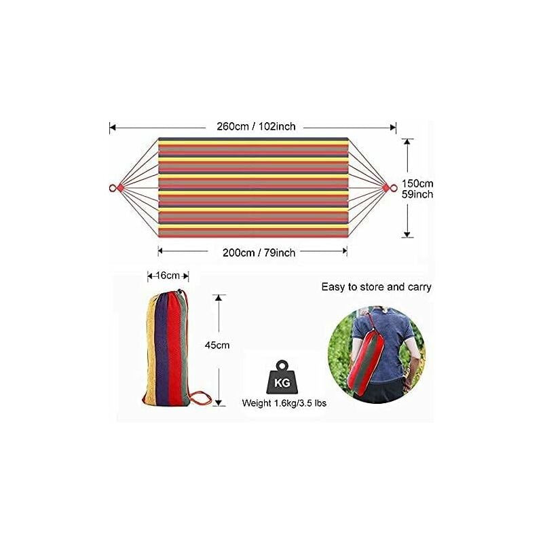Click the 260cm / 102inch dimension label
coord(257,126)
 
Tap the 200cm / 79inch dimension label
coord(259,252)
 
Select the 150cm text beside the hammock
coord(417,183)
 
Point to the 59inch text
coord(417,194)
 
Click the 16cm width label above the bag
coord(168,276)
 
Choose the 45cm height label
coord(217,345)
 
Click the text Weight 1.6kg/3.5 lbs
coord(284,403)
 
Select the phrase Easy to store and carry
coord(377,287)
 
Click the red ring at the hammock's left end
coord(113,189)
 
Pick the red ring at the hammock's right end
coord(394,188)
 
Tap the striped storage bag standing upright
coord(168,348)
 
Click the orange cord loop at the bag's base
coord(202,398)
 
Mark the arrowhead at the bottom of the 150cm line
coord(408,234)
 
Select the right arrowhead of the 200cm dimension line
coord(344,251)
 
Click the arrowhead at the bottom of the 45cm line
coord(218,402)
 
